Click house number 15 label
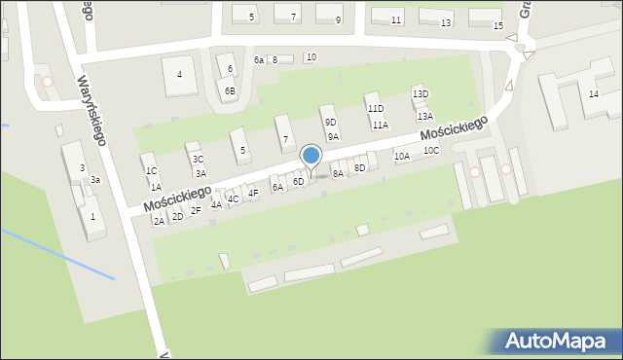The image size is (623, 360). pos(498,25)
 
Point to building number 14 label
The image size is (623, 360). pos(593,93)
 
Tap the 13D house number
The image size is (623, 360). pos(420,93)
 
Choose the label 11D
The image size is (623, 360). pos(375,109)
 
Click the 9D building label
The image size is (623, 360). pos(331,122)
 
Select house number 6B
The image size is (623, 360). pos(230,90)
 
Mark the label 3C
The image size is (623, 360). pos(198,159)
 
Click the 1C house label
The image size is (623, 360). pos(151,171)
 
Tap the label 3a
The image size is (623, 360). pos(95,180)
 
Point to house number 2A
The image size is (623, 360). pos(159,221)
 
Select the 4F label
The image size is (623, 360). pos(253,193)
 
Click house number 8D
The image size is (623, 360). pos(359,167)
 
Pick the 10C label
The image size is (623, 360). pos(431,150)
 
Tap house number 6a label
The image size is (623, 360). pos(259,60)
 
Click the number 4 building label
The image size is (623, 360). pos(179,74)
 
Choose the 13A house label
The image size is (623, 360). pos(425,116)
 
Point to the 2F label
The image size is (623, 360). pos(196,210)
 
